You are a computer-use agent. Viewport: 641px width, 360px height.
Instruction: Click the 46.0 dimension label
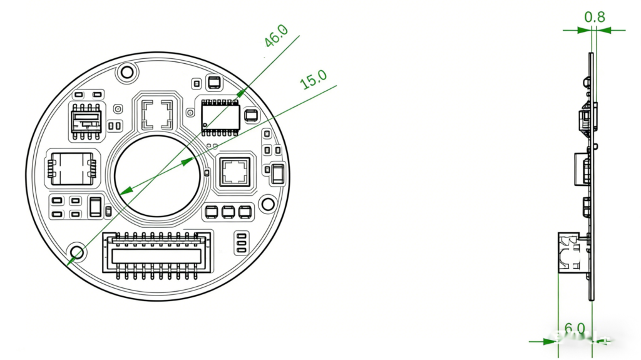(275, 36)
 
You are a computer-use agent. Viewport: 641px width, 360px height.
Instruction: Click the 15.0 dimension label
(314, 80)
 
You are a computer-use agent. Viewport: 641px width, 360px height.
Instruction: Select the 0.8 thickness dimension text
(594, 17)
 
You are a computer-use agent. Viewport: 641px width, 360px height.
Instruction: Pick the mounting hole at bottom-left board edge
(78, 252)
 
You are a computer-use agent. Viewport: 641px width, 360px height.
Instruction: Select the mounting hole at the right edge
(267, 204)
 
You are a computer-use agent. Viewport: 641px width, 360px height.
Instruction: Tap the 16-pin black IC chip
(221, 116)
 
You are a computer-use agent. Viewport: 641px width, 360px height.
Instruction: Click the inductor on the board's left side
(71, 168)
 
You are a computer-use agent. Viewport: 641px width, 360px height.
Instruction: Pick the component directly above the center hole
(156, 113)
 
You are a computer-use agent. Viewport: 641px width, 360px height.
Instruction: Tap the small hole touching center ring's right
(206, 173)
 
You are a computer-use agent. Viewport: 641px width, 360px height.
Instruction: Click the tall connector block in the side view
(572, 251)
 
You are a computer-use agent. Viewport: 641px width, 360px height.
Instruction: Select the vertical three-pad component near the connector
(240, 243)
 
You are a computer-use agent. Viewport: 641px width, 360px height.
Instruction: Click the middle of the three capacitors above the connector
(228, 212)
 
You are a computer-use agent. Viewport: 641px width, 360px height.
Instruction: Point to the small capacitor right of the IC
(251, 115)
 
